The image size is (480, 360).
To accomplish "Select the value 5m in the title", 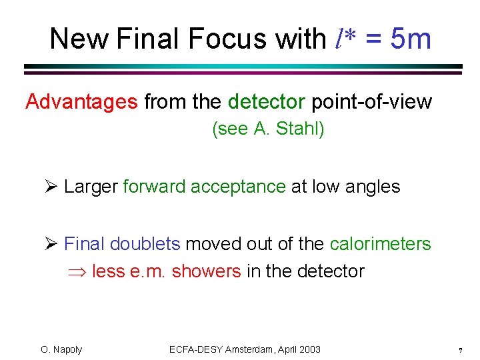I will click(x=411, y=39).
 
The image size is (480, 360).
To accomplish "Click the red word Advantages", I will click(x=81, y=102).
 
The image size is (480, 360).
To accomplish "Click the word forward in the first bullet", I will click(x=154, y=187).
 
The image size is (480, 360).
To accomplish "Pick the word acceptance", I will click(x=238, y=187).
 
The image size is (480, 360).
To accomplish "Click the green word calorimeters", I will click(x=380, y=244).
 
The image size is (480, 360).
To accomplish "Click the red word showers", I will click(x=207, y=271).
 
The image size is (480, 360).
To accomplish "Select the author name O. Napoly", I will click(x=61, y=349).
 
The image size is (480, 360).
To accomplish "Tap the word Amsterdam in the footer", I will click(x=249, y=349).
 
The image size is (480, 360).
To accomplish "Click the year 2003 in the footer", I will click(x=309, y=349).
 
